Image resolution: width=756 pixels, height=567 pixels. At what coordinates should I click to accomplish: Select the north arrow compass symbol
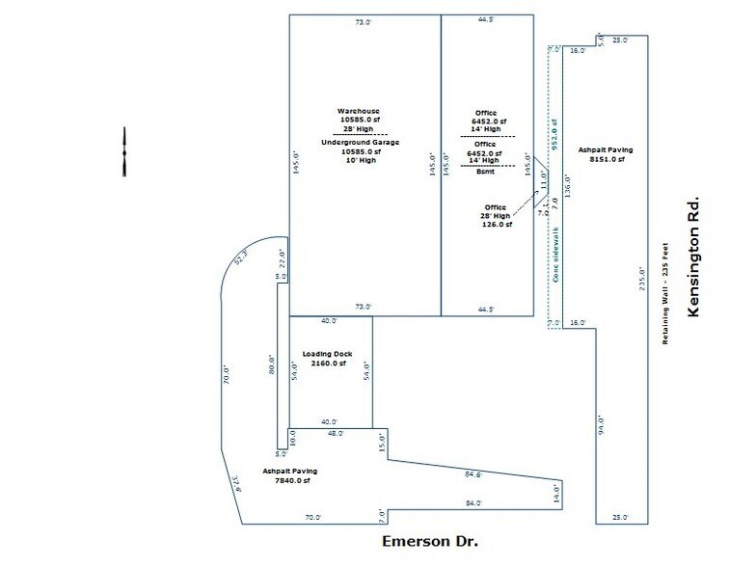tap(124, 152)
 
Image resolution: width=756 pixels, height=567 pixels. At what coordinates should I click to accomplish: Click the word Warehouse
tap(359, 110)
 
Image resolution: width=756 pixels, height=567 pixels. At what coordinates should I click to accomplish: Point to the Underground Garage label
tap(359, 142)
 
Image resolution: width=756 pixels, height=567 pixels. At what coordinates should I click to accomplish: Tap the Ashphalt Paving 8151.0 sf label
tap(601, 154)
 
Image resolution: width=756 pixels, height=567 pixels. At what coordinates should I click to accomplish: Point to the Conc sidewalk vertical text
tap(556, 254)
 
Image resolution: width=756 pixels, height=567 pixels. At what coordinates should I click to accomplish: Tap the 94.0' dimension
tap(598, 423)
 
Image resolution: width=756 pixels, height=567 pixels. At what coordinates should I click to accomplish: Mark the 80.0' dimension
tap(272, 365)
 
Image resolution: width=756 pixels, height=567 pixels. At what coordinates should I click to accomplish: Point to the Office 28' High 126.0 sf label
tap(496, 215)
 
